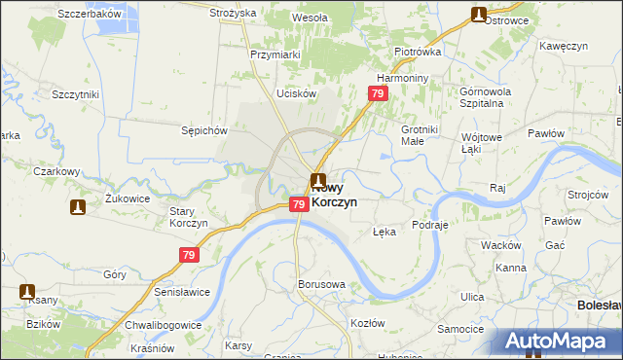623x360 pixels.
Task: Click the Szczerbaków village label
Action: [x=90, y=14]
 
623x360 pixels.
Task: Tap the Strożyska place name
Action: [x=233, y=13]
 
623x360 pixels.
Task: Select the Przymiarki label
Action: [x=275, y=55]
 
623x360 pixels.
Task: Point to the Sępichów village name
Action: [x=204, y=129]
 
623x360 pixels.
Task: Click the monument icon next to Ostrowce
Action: [x=479, y=15]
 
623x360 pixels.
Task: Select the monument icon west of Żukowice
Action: [x=77, y=207]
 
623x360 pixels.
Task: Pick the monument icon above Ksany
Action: [x=27, y=291]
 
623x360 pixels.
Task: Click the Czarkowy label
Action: [x=55, y=171]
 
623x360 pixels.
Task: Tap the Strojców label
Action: [x=588, y=194]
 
